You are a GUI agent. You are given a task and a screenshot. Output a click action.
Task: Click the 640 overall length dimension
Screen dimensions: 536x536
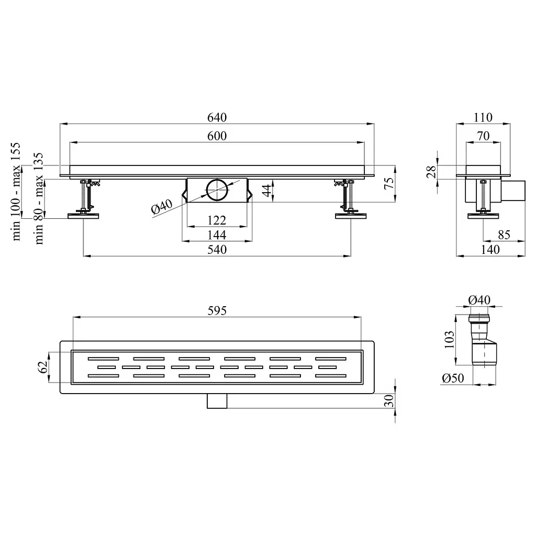point(217,118)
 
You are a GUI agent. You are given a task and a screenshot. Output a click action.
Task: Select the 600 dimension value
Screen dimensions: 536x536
point(217,136)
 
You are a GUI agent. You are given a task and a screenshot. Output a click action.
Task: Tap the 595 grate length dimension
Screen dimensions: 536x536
point(217,311)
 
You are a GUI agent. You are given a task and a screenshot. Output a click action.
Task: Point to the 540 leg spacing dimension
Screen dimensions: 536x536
point(217,250)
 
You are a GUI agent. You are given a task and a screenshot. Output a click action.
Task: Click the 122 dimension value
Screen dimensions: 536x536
point(217,220)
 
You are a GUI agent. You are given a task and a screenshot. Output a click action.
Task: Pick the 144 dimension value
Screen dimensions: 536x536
point(217,235)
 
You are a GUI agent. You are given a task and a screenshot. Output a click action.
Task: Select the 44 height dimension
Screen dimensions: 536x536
point(266,190)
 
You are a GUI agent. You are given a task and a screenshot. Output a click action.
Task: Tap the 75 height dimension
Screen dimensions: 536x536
point(389,184)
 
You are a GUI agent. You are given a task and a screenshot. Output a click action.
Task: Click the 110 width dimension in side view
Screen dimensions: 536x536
point(483,118)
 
